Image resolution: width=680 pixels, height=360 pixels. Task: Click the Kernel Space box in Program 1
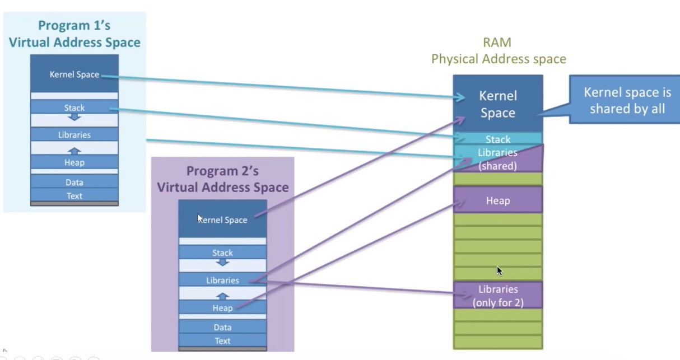[x=74, y=74]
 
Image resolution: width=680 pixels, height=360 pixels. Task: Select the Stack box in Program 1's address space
[x=74, y=107]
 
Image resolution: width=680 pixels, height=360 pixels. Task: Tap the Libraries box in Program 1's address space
[x=74, y=134]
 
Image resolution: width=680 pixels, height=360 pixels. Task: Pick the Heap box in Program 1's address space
[x=74, y=162]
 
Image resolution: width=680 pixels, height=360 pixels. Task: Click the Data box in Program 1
[x=74, y=182]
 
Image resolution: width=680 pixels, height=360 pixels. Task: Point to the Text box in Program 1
[x=74, y=195]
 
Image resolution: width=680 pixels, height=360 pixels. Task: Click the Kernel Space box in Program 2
[x=222, y=219]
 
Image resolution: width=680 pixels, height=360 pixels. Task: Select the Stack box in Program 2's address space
[x=222, y=253]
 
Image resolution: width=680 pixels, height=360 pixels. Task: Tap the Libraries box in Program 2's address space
[x=222, y=280]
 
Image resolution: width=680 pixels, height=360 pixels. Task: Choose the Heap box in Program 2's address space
[x=222, y=308]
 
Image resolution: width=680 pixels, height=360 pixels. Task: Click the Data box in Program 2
[x=222, y=327]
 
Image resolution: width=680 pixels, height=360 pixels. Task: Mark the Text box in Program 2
[x=222, y=340]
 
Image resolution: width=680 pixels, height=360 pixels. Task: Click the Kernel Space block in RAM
[x=497, y=104]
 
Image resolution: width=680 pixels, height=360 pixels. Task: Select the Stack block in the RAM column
[x=498, y=139]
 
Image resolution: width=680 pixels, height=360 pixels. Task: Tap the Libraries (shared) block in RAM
[x=498, y=159]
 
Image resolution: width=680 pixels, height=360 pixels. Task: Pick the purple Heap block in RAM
[x=498, y=200]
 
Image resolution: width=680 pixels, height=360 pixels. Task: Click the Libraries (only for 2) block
[x=498, y=296]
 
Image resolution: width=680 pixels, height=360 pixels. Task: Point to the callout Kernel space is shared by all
[x=627, y=100]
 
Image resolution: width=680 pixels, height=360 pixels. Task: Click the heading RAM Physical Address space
[x=499, y=51]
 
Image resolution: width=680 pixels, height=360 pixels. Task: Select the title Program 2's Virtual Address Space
[x=222, y=179]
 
